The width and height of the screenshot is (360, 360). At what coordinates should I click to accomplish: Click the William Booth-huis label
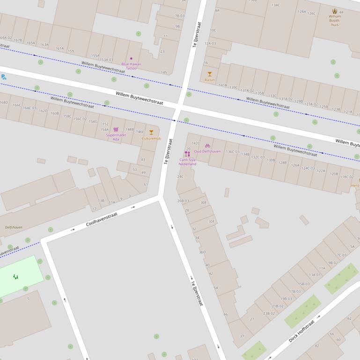click(335, 20)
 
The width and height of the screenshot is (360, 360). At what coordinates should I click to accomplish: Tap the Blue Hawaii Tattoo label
click(131, 66)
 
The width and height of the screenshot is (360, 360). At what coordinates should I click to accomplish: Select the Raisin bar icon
click(210, 74)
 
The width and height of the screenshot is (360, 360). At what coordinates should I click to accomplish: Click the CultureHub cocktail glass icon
click(151, 132)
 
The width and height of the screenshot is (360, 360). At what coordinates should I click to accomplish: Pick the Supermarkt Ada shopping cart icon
click(116, 130)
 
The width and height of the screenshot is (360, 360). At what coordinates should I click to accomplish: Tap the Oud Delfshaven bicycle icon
click(207, 145)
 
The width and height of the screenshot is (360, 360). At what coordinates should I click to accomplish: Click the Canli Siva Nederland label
click(187, 162)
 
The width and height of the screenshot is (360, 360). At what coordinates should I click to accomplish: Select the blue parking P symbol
click(3, 77)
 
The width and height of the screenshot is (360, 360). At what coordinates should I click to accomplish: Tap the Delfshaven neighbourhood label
click(14, 227)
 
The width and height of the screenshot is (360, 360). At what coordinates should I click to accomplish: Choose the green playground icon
click(16, 277)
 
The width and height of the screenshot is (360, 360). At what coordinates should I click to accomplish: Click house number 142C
click(195, 144)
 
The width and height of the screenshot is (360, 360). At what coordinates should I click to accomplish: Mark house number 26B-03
click(183, 201)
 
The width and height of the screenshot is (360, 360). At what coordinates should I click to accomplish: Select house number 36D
click(202, 252)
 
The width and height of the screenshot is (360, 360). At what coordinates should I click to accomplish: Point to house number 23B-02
click(269, 313)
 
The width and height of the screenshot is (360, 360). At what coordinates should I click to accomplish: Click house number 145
click(164, 72)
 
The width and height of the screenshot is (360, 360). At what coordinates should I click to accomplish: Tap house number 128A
click(302, 12)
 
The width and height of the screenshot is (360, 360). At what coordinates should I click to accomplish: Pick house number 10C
click(213, 30)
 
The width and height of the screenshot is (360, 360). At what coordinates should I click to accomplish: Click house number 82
click(316, 346)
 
